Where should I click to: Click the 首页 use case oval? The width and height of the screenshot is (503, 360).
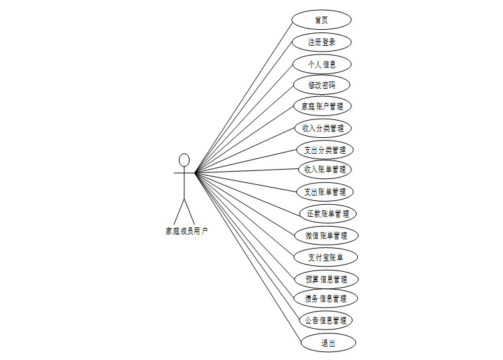point(321,20)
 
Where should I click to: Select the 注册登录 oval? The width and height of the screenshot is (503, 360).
point(321,42)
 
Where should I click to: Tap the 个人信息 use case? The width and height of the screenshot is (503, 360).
point(321,64)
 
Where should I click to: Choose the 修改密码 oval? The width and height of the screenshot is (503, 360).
point(321,85)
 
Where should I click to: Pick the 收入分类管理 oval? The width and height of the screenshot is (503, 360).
point(322,128)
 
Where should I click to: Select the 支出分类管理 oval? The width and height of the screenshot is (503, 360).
point(324,150)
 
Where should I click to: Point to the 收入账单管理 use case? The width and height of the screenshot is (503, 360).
point(324,169)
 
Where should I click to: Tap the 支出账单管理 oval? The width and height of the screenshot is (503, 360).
point(324,192)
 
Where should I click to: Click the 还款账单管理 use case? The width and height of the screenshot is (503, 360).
point(327,213)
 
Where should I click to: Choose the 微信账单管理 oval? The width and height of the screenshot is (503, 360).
point(326,235)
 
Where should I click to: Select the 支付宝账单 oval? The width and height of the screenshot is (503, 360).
point(325,257)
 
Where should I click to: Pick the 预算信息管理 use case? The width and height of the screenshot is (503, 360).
point(326,279)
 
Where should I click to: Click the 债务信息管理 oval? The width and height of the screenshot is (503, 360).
point(326,298)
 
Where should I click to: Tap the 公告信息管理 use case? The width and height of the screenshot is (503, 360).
point(325,320)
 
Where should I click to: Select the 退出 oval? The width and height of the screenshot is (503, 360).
point(328,343)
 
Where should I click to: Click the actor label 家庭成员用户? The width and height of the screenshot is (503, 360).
point(186,231)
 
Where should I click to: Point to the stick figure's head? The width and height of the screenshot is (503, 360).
point(184,160)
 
